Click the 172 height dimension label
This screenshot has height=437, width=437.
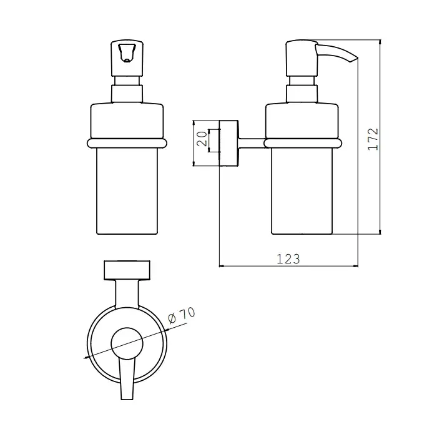point(373,139)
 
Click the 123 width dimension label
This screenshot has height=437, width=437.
point(288,259)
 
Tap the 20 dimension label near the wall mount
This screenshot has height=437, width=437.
point(202,139)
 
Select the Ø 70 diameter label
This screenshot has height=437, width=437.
point(182,315)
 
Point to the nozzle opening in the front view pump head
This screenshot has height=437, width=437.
point(127,60)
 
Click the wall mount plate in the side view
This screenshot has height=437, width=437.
point(228,143)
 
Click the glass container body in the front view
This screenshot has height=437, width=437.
point(127,191)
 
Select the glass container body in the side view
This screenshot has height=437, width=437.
point(302,191)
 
